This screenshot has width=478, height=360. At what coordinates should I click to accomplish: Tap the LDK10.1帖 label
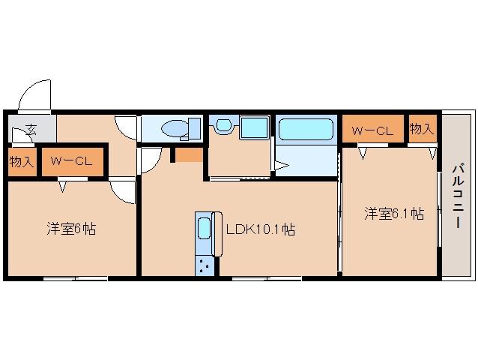coord(260,230)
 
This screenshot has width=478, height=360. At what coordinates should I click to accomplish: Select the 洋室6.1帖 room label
coord(394,214)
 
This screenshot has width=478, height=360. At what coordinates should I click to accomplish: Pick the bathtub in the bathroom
coord(306,130)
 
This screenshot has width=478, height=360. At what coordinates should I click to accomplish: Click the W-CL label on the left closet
coord(67,160)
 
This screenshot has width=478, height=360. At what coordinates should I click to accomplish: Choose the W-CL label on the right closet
coord(373,130)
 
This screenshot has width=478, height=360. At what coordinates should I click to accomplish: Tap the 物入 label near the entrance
coord(22,160)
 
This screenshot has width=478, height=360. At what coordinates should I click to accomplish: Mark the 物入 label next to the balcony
coord(423,129)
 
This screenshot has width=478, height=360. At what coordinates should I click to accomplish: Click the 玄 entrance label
coord(31,130)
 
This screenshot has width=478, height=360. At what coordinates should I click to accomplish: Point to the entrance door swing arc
coord(34,97)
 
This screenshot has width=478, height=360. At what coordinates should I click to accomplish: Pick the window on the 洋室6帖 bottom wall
coord(75,279)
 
